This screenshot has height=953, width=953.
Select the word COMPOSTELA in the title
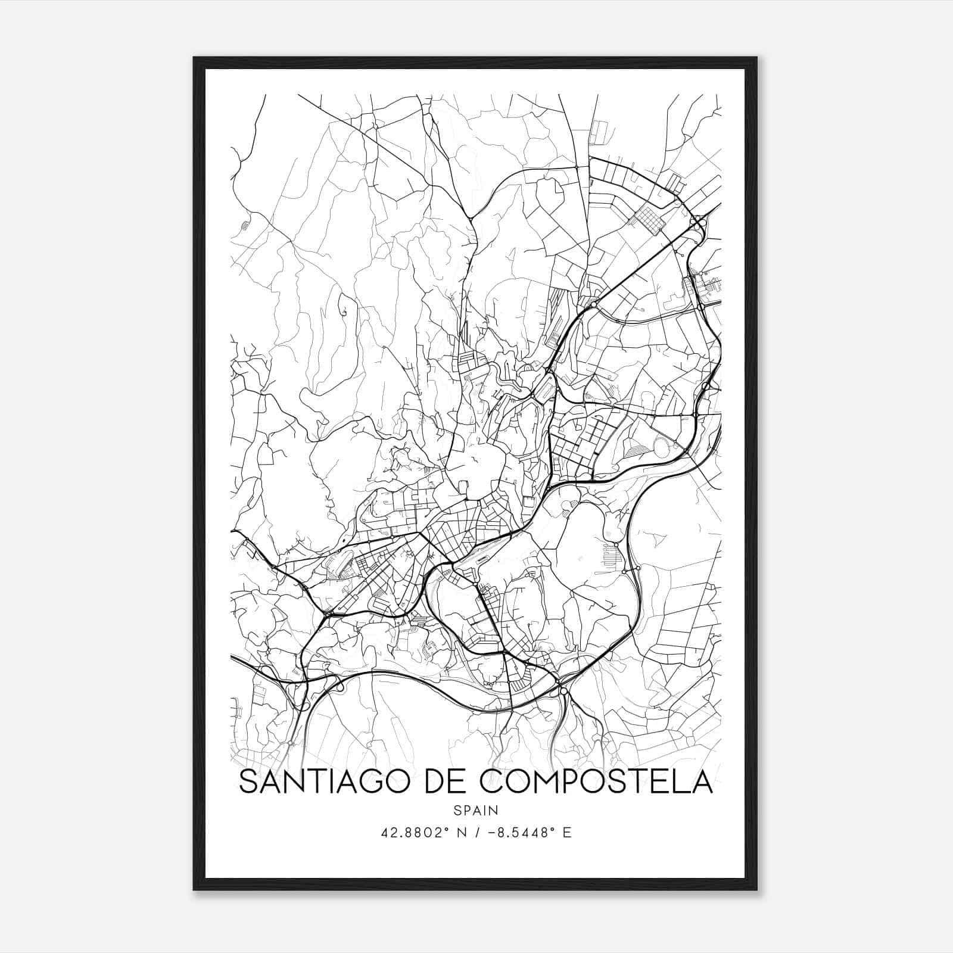tap(596, 782)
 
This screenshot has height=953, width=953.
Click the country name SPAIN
tap(475, 811)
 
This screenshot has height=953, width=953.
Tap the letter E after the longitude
tap(567, 833)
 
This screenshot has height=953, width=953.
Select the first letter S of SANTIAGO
tap(249, 782)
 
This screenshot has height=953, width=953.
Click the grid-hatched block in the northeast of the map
tap(647, 218)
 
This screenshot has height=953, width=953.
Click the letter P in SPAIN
tap(466, 811)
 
